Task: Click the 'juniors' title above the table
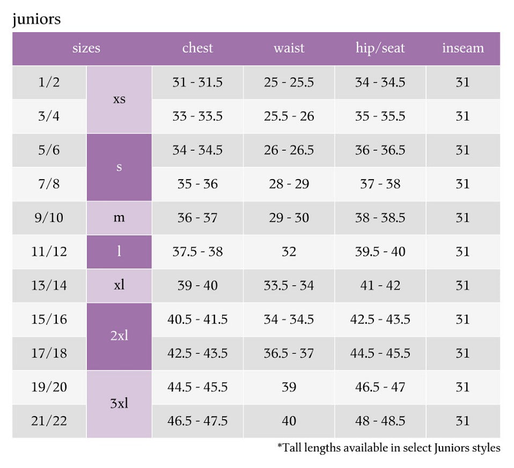36,19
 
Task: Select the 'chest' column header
197,48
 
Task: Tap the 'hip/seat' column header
380,48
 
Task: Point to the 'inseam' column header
463,48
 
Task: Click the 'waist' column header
289,48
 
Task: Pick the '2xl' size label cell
119,336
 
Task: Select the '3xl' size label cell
119,404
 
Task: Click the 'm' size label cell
119,218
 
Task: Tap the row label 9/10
49,218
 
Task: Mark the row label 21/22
49,421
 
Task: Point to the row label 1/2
49,82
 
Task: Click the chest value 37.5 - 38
197,251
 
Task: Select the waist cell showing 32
289,251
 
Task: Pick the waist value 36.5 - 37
289,353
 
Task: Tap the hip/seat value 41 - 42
380,286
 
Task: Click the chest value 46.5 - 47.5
197,421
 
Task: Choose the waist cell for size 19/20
289,387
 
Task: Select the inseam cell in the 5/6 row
463,150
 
